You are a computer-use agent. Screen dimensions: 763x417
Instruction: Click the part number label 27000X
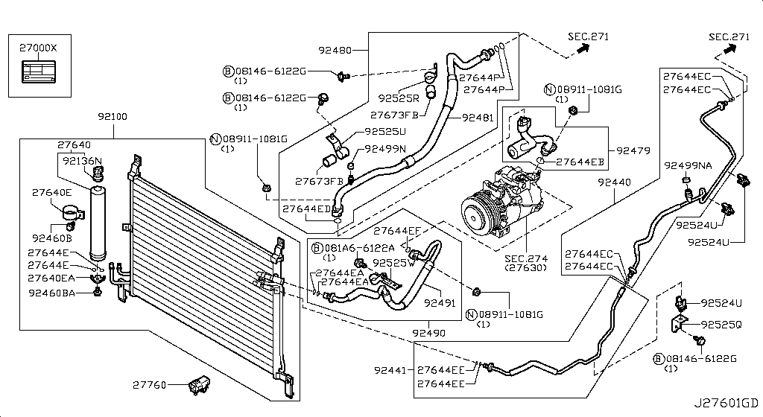pos(38,48)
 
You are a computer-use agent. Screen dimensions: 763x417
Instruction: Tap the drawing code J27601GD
pos(726,403)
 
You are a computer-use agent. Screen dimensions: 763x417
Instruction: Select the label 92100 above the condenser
pos(113,117)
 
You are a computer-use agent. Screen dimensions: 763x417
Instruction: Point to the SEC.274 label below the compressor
pos(526,258)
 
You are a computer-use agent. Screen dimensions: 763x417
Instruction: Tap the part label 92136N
pos(82,160)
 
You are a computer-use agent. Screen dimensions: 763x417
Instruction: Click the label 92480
pos(335,50)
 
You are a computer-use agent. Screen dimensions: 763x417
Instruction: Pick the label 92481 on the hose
pos(478,117)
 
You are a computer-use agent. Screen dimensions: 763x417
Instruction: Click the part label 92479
pos(633,150)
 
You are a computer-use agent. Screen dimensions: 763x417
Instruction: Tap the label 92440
pos(614,182)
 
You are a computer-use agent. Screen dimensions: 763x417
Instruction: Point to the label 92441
pos(390,370)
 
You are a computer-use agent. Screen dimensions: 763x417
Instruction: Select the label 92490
pos(428,333)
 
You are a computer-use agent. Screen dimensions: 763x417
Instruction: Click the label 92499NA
pos(688,166)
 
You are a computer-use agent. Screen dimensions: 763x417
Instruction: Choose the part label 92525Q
pos(721,324)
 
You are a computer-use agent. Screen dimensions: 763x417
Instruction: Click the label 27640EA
pos(51,278)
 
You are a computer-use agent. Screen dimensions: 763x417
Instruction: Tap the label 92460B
pos(52,238)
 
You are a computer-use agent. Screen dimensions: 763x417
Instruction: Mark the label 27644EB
pos(580,162)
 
